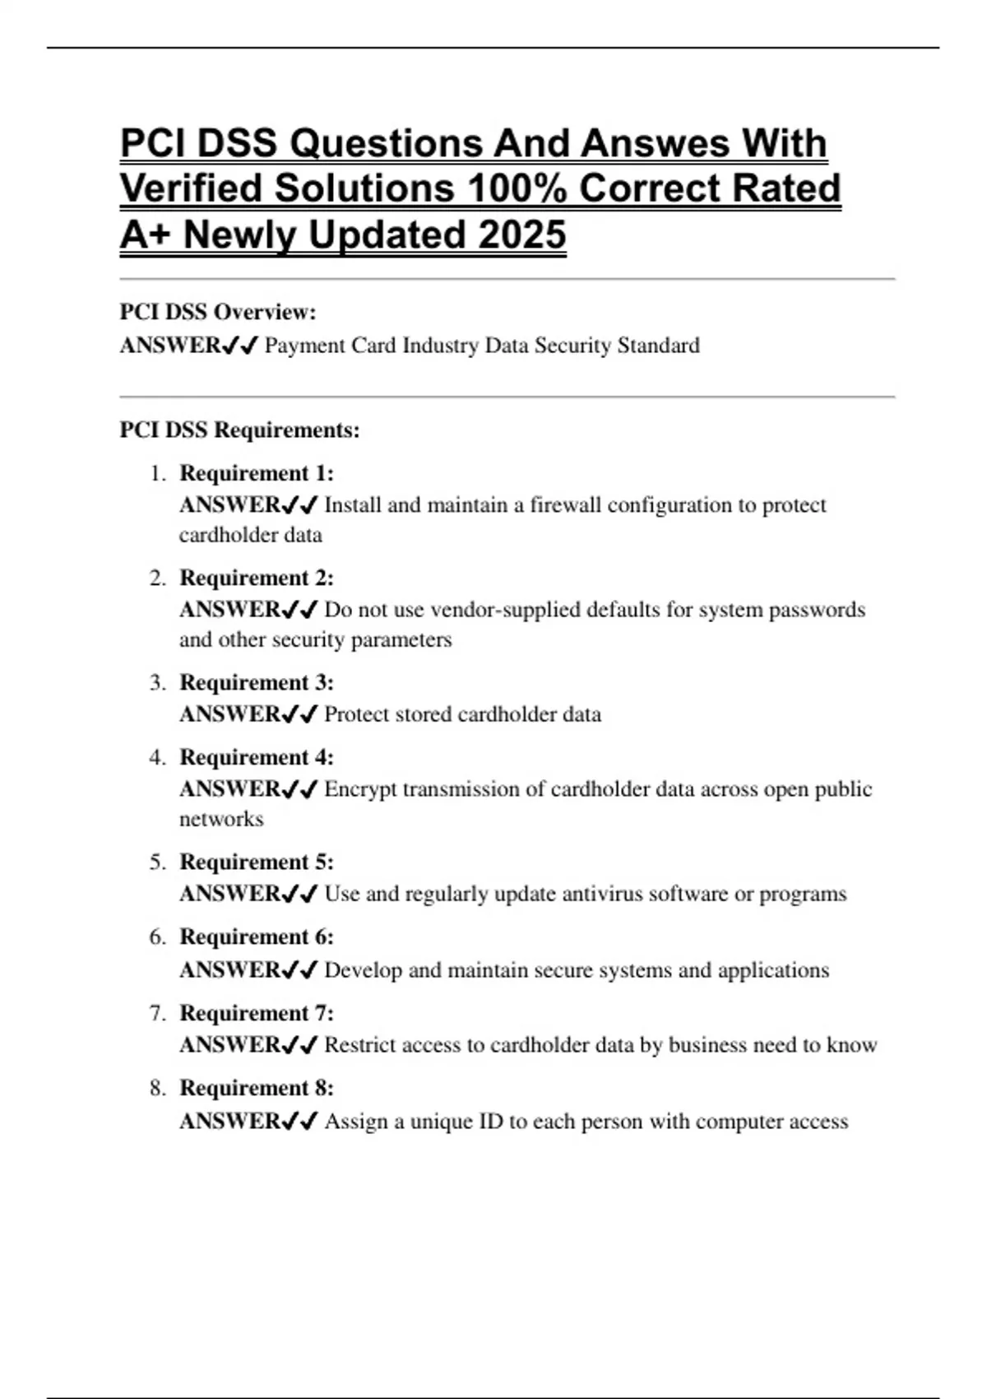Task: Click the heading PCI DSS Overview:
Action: (x=218, y=313)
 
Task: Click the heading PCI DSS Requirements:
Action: (x=239, y=430)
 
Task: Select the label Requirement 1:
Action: (x=257, y=473)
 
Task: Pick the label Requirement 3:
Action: (x=257, y=683)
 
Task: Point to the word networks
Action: (x=221, y=820)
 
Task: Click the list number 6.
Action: (x=156, y=937)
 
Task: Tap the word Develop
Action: (x=363, y=970)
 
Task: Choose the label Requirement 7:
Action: (x=257, y=1013)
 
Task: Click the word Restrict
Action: (x=361, y=1045)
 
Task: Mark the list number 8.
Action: (x=156, y=1088)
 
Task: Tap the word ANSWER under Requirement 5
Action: (x=229, y=894)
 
